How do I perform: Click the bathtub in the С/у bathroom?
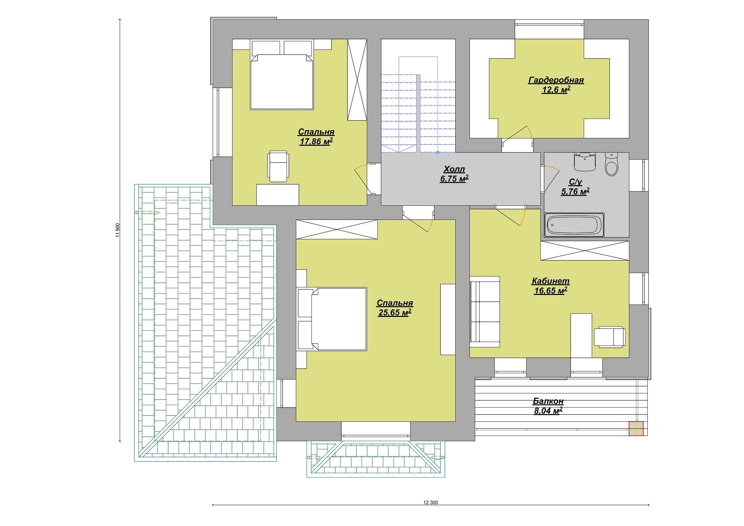pos(574,225)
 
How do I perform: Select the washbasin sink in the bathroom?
pos(585,162)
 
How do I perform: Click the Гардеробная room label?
pos(556,80)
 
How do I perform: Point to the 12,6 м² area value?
pos(556,90)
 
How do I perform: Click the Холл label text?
pos(454,169)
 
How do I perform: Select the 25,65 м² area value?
pos(394,312)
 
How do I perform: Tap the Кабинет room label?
pos(550,281)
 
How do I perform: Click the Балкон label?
pos(548,401)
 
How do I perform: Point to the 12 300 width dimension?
pos(430,503)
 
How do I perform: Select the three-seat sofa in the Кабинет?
pos(485,312)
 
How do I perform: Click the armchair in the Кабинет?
pos(610,337)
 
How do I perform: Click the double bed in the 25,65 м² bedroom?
pos(332,319)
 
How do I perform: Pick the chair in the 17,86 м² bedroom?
pos(278,166)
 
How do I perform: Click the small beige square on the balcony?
pos(636,429)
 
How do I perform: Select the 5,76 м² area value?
pos(575,192)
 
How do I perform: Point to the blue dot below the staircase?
pos(437,152)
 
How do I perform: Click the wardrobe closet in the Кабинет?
pos(585,251)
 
